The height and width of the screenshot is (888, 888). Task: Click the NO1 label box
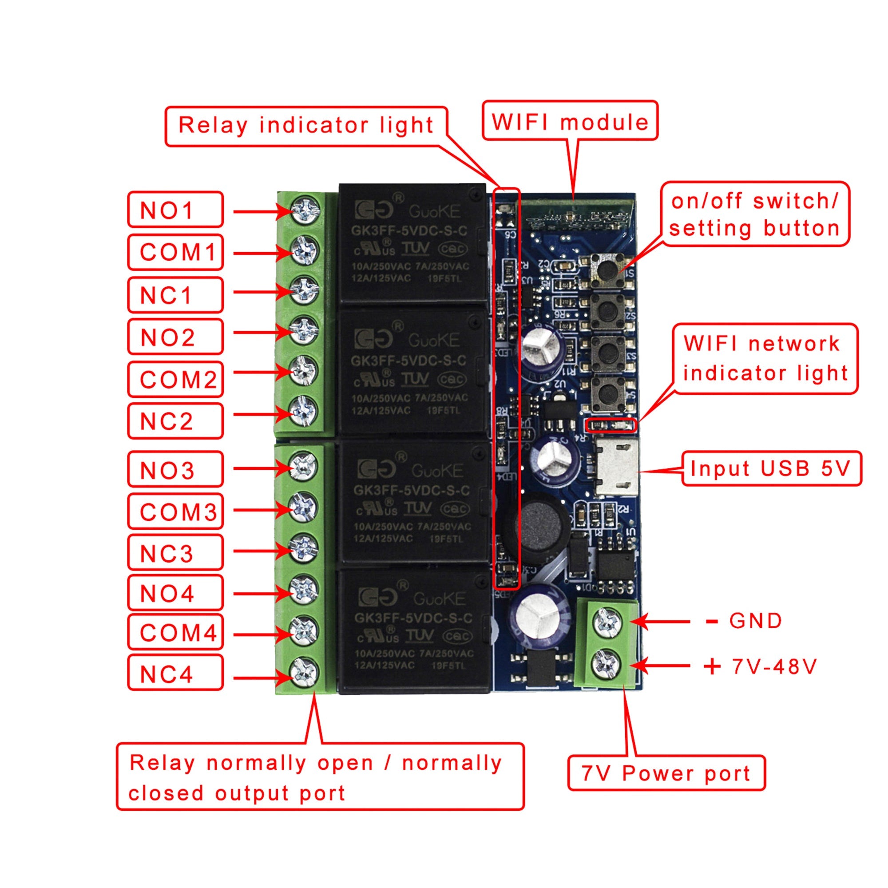175,210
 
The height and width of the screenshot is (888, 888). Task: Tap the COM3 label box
175,511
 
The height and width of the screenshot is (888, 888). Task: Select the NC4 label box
175,673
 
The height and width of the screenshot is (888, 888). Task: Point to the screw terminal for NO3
304,467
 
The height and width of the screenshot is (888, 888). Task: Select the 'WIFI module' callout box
570,121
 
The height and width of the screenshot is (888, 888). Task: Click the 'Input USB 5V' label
771,468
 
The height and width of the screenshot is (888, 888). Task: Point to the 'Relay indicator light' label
306,126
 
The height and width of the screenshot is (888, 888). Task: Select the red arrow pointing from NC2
262,415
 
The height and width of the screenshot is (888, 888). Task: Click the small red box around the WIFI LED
611,425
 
